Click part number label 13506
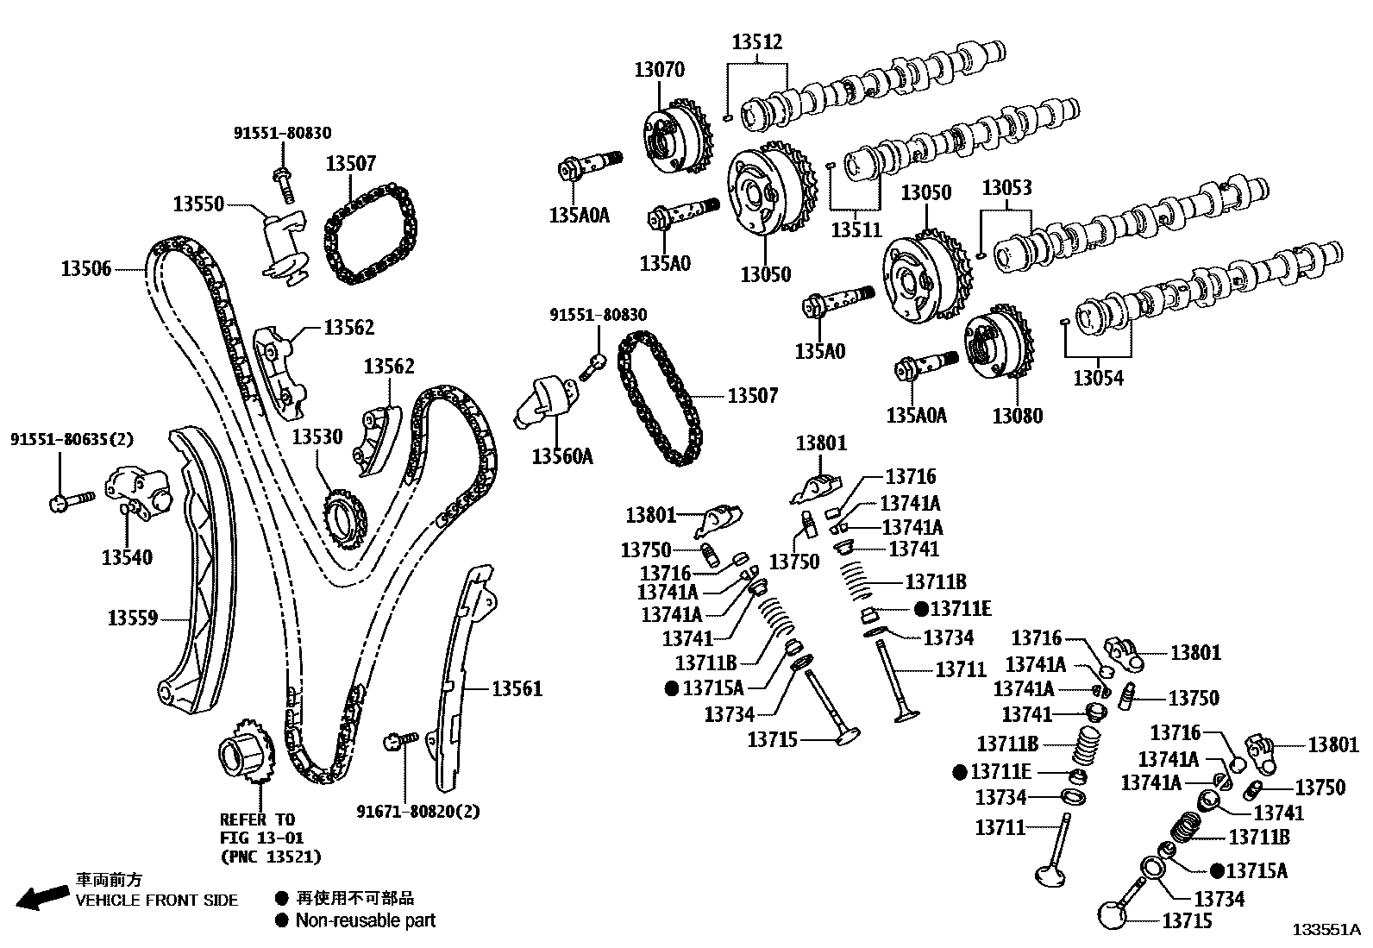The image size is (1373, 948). point(86,268)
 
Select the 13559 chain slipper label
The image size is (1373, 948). point(132,618)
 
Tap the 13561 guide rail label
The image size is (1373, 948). point(517,688)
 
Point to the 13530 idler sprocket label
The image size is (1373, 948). point(317,437)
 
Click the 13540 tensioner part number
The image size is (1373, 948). point(127,557)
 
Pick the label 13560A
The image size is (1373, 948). point(562,456)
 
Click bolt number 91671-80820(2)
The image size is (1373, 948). point(418,811)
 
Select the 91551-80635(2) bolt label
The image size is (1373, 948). point(72,439)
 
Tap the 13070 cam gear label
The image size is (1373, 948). point(659,70)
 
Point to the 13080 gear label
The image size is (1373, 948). point(1017,416)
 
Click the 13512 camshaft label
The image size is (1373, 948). point(757,41)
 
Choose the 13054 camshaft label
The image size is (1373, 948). point(1098,378)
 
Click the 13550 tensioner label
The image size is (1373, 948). point(198,204)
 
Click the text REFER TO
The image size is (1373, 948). point(257,819)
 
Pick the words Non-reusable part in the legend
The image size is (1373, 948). point(366,920)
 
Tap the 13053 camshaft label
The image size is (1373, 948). point(1006,188)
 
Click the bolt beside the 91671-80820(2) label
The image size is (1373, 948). point(399,739)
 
